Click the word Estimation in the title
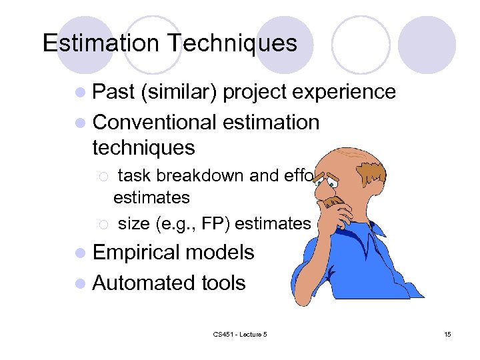click(101, 43)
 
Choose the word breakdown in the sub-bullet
click(209, 176)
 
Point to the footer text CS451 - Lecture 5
click(240, 334)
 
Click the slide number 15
click(447, 334)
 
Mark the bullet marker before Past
click(82, 93)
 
